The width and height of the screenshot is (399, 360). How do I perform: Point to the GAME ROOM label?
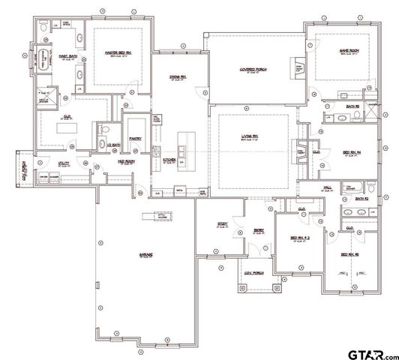pyautogui.click(x=331, y=52)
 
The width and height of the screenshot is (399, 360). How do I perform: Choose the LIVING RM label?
pyautogui.click(x=250, y=136)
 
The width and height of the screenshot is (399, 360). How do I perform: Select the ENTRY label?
pyautogui.click(x=258, y=231)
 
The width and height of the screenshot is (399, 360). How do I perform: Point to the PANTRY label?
pyautogui.click(x=136, y=138)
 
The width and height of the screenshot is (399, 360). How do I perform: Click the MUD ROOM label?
pyautogui.click(x=104, y=161)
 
